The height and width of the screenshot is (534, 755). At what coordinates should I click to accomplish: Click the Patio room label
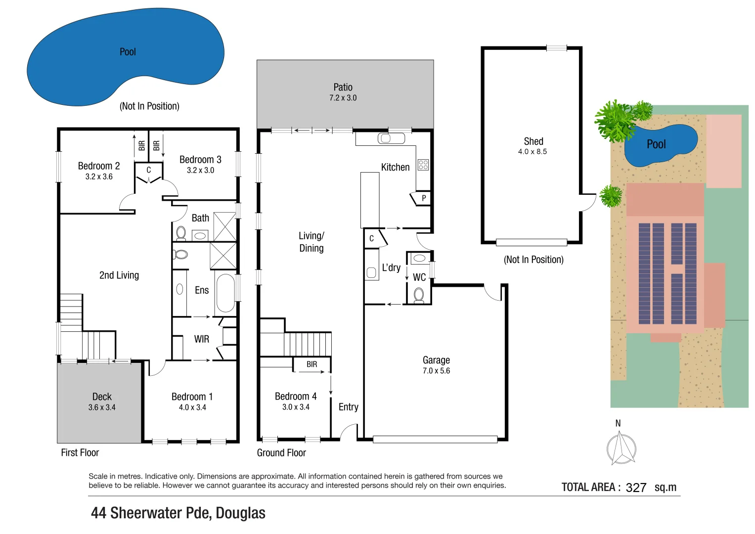click(x=343, y=87)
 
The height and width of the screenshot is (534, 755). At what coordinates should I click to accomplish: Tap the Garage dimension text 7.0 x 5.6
click(x=436, y=371)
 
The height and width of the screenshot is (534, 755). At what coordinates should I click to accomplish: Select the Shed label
click(x=533, y=141)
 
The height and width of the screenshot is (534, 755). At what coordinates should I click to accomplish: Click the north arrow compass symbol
click(x=621, y=448)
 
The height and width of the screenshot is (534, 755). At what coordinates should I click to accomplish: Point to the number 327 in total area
click(x=636, y=488)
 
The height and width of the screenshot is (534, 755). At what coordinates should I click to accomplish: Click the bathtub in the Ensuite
click(x=225, y=293)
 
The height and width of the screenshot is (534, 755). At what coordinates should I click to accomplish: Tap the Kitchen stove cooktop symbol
click(x=423, y=165)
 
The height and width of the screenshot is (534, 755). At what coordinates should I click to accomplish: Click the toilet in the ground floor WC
click(x=419, y=295)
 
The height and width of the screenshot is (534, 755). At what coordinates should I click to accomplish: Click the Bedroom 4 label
click(x=296, y=397)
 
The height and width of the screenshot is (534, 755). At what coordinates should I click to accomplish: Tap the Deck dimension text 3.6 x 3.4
click(x=102, y=407)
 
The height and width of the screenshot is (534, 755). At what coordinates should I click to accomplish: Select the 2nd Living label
click(x=119, y=275)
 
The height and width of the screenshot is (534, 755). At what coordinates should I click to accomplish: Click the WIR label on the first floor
click(x=201, y=339)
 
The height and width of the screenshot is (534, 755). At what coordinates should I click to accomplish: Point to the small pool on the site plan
click(x=660, y=145)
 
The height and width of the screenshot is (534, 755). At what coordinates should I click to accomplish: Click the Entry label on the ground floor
click(x=348, y=407)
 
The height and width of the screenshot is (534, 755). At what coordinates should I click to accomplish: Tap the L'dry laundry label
click(x=391, y=267)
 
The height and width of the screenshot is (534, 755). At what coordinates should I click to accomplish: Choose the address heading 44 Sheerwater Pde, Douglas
click(x=178, y=513)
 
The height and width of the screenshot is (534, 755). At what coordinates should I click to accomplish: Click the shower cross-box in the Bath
click(x=225, y=226)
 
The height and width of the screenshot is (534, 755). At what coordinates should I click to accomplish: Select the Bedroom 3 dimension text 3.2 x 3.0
click(x=200, y=170)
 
